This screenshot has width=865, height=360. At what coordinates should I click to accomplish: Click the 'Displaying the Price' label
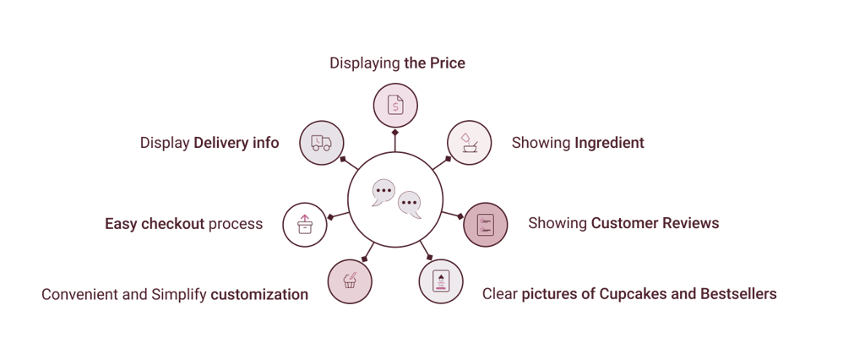click(397, 63)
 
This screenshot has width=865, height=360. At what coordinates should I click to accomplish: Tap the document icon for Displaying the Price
click(395, 106)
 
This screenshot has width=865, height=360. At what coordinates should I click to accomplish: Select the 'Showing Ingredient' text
click(577, 143)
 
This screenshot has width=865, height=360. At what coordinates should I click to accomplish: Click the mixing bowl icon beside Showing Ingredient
click(468, 142)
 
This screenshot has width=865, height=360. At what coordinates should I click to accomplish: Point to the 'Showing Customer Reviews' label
click(623, 224)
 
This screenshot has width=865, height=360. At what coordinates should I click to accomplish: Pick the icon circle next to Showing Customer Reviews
click(486, 225)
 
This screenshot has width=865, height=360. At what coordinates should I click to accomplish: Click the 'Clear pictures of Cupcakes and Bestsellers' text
click(628, 294)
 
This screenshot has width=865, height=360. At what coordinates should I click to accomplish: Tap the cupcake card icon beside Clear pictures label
click(441, 282)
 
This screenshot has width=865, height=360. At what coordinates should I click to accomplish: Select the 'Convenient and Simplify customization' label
click(175, 294)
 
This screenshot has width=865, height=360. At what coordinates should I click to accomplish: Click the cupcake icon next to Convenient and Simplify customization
click(349, 282)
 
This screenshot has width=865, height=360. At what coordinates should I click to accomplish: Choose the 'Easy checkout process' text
click(183, 224)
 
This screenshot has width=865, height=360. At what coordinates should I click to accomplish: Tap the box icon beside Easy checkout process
click(304, 224)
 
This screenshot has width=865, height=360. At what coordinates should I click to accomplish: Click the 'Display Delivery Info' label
click(209, 143)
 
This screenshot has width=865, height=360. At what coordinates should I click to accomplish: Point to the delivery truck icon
click(321, 143)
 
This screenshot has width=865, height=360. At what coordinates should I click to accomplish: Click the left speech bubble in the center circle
click(384, 193)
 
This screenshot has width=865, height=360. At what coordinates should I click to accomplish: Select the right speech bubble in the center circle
click(410, 205)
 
